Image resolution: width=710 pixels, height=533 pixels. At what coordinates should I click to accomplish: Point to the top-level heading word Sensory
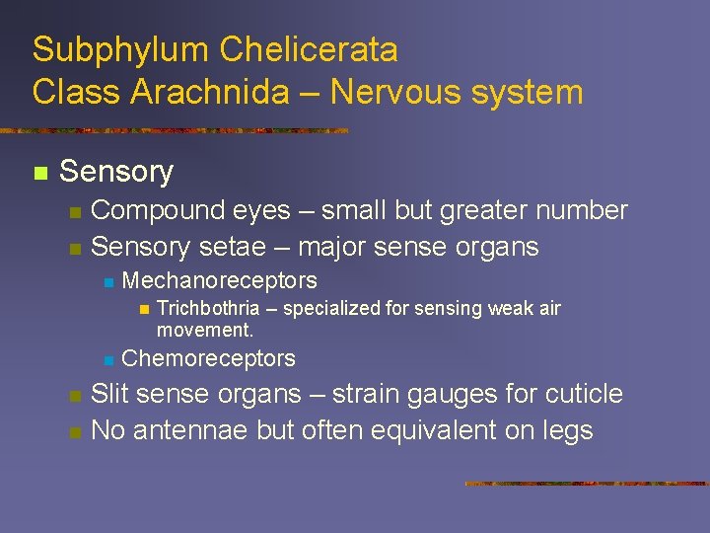[116, 172]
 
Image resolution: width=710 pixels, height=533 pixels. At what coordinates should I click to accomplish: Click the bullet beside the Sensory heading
[39, 174]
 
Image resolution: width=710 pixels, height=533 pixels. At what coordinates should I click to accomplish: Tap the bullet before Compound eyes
[75, 212]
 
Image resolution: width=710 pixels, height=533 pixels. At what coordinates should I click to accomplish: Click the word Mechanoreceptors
[219, 280]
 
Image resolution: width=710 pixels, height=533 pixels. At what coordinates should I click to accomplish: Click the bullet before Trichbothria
[143, 310]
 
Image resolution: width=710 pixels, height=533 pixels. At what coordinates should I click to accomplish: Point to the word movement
[204, 330]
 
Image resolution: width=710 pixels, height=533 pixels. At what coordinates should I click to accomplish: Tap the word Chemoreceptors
[208, 358]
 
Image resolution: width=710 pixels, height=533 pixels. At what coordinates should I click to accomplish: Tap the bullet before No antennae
[75, 432]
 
